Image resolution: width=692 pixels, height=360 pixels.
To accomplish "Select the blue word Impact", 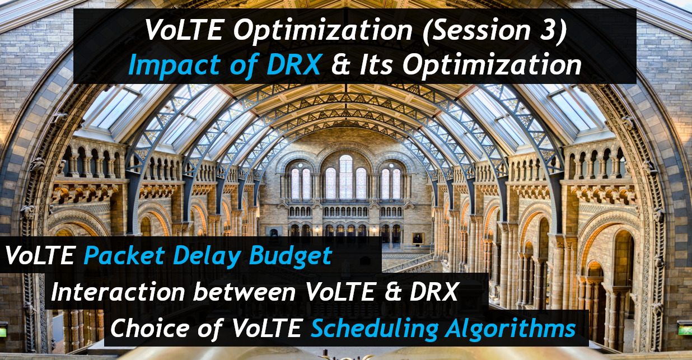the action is [x=174, y=65].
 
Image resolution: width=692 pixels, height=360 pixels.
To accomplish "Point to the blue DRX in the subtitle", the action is [x=293, y=65].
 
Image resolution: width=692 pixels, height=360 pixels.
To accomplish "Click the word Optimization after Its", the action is [x=492, y=66].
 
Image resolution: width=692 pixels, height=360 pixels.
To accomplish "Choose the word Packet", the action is [x=124, y=256].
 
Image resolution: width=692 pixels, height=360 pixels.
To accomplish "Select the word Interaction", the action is [x=118, y=292].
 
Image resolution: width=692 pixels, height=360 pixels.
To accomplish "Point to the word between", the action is [x=245, y=292].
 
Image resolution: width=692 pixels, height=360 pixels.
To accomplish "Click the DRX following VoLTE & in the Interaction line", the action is [x=434, y=292].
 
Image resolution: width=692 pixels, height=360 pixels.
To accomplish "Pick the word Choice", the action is [x=150, y=328].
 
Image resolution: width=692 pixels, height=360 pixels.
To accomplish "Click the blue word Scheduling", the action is [x=375, y=329].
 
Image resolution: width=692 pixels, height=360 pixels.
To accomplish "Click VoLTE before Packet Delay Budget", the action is [x=40, y=256].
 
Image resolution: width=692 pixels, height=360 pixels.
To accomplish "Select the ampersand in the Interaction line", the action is [x=393, y=292].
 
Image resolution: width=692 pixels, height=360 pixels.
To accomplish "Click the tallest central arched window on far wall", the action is [x=345, y=177].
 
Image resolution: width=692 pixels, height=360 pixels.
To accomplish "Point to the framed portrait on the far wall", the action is [x=418, y=239].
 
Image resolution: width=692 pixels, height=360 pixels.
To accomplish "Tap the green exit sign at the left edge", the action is [x=3, y=331].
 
